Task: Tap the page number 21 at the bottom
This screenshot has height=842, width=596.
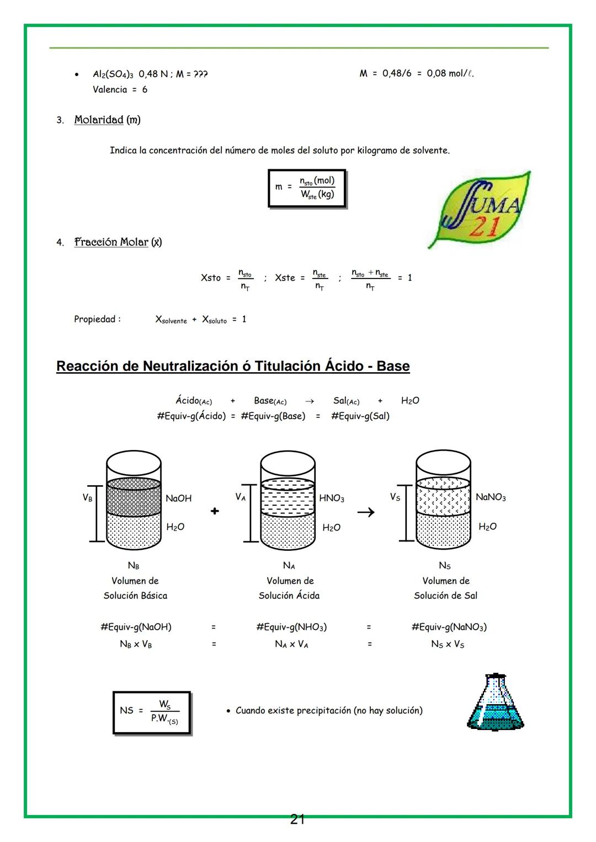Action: [297, 819]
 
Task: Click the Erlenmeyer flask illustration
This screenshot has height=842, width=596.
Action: [495, 702]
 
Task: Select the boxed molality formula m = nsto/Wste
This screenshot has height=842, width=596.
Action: [307, 188]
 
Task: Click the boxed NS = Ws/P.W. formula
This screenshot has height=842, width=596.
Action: [152, 712]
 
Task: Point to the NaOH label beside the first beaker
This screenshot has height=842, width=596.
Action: [178, 498]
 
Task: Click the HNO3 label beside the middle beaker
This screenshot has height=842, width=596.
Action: [331, 498]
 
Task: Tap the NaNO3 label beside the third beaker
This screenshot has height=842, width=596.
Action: [490, 497]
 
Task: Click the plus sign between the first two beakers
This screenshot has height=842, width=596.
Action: [215, 511]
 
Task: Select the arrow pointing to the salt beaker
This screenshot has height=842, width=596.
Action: [366, 512]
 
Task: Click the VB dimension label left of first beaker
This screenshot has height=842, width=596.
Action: [87, 497]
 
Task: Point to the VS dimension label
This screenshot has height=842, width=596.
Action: [395, 497]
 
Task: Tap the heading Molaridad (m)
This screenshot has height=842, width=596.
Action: [107, 120]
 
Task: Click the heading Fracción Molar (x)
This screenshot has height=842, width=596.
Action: [118, 242]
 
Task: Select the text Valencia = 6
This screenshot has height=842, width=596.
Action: [120, 89]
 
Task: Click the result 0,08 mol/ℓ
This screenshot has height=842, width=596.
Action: [450, 73]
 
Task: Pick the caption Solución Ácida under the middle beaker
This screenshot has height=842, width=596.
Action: [289, 596]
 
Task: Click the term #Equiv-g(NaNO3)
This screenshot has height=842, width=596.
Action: [449, 627]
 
